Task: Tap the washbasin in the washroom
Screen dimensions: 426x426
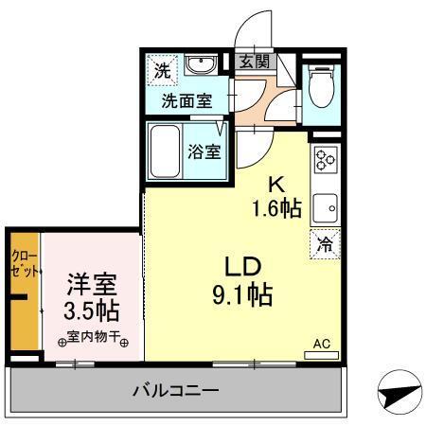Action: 200,66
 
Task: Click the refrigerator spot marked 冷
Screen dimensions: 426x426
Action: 325,243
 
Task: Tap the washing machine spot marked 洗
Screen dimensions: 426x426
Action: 163,69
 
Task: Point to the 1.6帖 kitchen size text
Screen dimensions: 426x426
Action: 275,208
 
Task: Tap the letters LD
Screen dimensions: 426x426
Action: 241,266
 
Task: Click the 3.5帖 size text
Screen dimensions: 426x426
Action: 92,311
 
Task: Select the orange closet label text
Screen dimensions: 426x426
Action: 23,263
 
